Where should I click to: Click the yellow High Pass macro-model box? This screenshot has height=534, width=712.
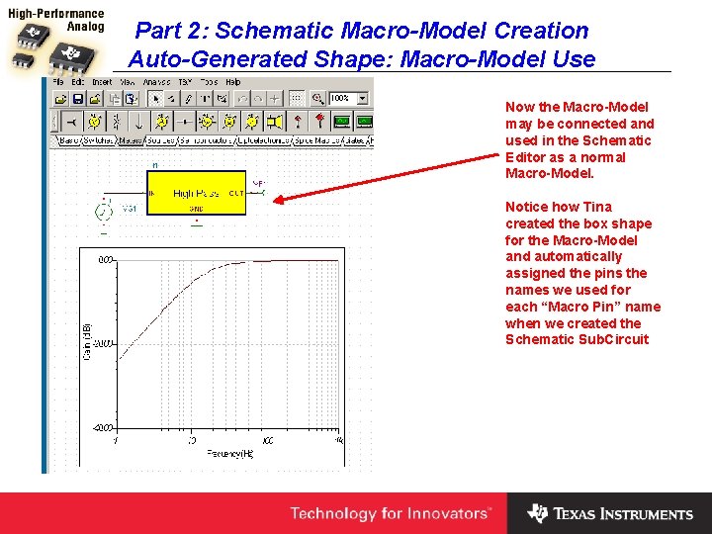point(197,193)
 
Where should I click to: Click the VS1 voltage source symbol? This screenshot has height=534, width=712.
point(103,211)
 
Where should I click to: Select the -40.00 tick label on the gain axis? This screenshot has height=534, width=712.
point(104,343)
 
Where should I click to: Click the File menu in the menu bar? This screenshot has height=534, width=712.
point(60,82)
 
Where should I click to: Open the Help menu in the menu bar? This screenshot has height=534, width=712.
point(233,82)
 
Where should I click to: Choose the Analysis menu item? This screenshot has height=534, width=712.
point(156,82)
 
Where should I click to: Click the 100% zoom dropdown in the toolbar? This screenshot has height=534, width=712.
point(349,99)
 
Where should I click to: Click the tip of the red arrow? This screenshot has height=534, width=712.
point(275,200)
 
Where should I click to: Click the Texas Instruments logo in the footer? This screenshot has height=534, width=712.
point(610,513)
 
